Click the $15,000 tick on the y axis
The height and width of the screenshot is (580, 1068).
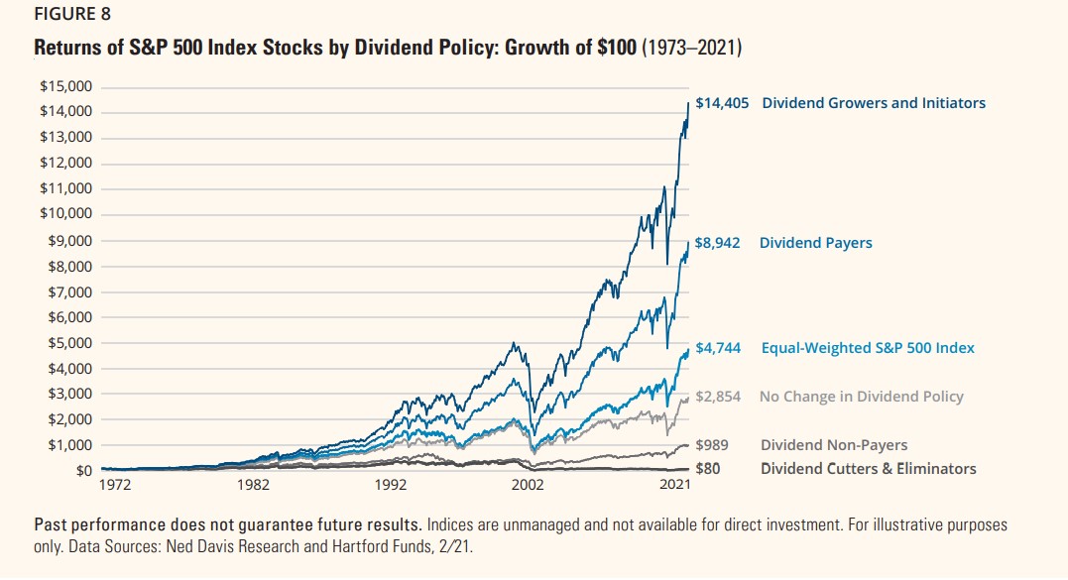pyautogui.click(x=65, y=86)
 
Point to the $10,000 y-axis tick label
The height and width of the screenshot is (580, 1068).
pyautogui.click(x=65, y=214)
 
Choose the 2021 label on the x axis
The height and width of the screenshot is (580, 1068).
pyautogui.click(x=676, y=487)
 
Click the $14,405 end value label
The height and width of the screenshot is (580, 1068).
pyautogui.click(x=722, y=103)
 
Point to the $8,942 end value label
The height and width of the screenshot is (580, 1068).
pyautogui.click(x=718, y=243)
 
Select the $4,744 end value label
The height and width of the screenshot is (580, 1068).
pyautogui.click(x=718, y=348)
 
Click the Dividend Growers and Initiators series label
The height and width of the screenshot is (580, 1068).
pyautogui.click(x=874, y=103)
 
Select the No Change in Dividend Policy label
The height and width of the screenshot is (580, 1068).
pyautogui.click(x=861, y=397)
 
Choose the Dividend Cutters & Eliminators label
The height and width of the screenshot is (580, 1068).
pyautogui.click(x=868, y=469)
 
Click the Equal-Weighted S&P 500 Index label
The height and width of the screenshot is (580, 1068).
pyautogui.click(x=868, y=348)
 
